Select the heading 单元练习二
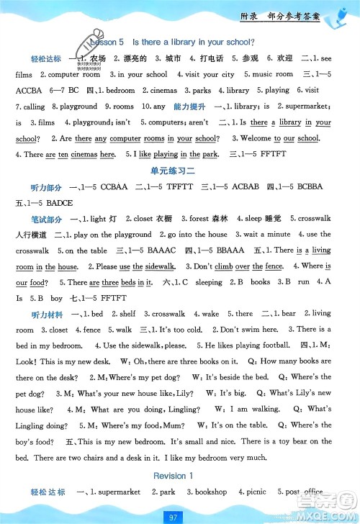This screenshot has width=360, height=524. pyautogui.click(x=180, y=170)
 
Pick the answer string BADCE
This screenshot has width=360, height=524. pyautogui.click(x=60, y=202)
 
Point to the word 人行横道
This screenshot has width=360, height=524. pyautogui.click(x=29, y=234)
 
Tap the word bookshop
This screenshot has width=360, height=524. pyautogui.click(x=212, y=492)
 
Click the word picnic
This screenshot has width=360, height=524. pyautogui.click(x=259, y=492)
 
